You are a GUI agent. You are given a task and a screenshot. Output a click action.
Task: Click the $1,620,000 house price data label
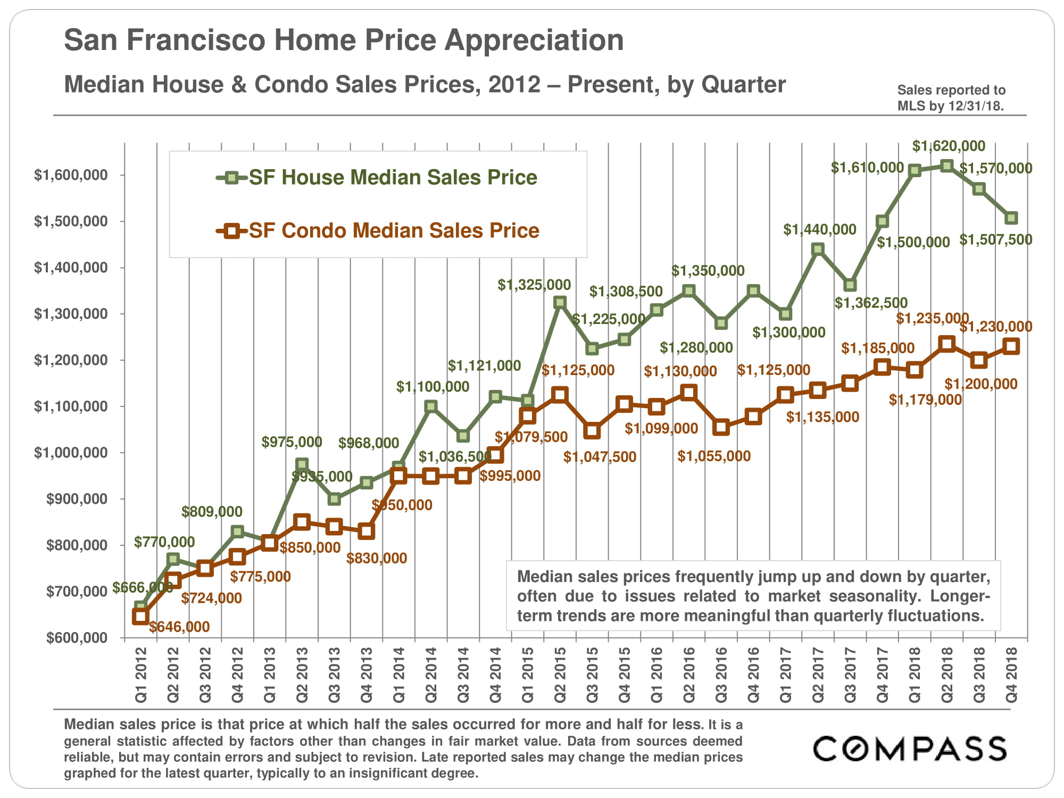[949, 146]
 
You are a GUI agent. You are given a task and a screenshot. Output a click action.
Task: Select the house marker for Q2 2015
[559, 302]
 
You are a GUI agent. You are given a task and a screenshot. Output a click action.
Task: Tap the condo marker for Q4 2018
[1011, 346]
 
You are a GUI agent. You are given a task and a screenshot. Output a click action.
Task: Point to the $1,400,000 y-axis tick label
[71, 267]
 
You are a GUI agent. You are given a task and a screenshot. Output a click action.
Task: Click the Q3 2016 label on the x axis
[721, 675]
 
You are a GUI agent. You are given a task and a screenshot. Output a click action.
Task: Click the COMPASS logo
[910, 749]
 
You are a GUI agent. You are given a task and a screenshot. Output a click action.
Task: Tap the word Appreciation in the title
[534, 40]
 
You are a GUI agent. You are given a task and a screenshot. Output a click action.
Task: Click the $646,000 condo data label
[179, 627]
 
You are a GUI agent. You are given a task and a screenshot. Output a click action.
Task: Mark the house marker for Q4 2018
[1011, 218]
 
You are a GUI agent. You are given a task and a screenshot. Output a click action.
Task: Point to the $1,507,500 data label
[995, 240]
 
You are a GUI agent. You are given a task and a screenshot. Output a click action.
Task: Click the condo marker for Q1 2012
[140, 617]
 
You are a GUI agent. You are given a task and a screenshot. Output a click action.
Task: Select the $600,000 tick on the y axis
[77, 637]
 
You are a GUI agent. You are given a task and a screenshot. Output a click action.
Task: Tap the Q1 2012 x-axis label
[141, 675]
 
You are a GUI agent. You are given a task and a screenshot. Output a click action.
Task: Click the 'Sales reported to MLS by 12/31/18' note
[951, 98]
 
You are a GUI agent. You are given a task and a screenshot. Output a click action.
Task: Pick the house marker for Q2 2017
[818, 250]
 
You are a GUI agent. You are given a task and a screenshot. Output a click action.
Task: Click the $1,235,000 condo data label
[932, 319]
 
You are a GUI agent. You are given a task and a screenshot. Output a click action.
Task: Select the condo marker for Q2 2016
[688, 393]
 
